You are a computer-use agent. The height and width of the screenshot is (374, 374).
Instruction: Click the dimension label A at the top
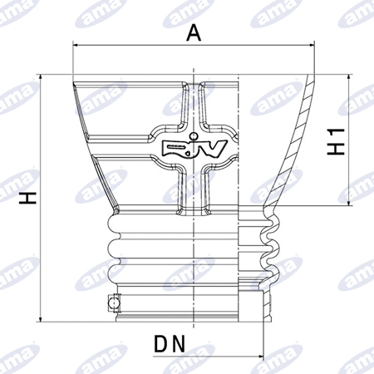coord(194,32)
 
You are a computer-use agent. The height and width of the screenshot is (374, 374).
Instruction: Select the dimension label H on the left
coord(28,198)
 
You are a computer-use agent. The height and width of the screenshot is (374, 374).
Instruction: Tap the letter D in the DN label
coord(161,343)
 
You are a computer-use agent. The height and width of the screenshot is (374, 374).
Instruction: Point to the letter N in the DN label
coord(179,343)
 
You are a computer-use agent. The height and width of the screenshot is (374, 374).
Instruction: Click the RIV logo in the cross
coord(194,149)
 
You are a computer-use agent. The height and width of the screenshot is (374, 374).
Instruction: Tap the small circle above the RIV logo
coord(194,136)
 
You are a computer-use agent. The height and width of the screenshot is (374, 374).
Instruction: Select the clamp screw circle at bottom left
coord(114,303)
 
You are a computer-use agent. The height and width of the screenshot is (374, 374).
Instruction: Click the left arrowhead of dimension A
coord(76,45)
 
